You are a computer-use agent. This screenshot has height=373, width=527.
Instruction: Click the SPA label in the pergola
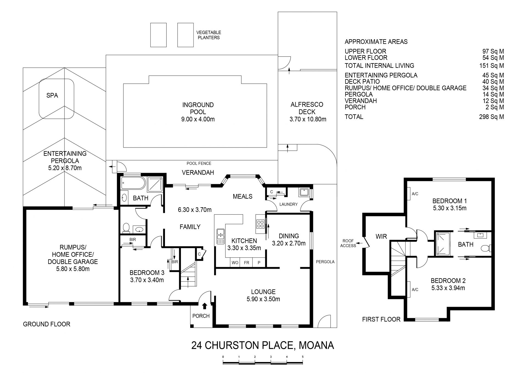52,95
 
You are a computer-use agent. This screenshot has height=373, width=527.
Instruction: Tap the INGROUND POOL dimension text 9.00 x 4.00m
198,119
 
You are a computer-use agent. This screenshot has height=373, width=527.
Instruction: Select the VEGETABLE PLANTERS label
209,35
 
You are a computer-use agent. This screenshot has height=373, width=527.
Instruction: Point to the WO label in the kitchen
235,263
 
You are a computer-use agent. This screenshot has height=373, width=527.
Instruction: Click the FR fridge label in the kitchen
247,263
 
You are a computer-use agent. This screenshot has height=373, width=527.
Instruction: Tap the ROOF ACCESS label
348,243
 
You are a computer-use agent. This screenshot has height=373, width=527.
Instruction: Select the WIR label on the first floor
381,236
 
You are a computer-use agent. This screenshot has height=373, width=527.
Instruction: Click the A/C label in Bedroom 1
415,194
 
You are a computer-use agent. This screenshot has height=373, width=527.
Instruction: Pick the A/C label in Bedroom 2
415,289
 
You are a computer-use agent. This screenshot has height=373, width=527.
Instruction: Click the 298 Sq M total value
491,117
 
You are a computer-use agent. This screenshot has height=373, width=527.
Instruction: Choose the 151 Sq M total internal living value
491,66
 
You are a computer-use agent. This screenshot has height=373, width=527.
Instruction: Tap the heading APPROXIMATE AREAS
376,42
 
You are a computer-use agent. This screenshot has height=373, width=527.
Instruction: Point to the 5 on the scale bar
303,357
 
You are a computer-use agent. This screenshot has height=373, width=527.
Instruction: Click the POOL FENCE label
199,163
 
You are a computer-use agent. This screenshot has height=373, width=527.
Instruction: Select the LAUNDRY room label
288,204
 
